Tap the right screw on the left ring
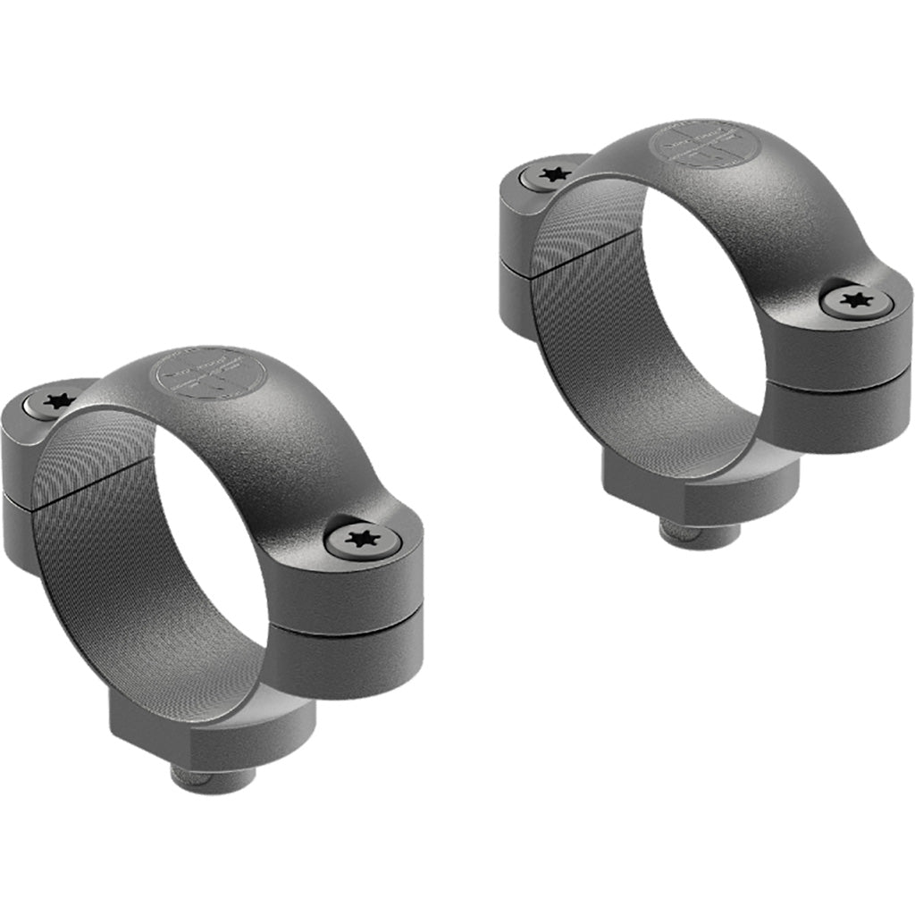tap(364, 539)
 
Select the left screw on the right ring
tap(554, 173)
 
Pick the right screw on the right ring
tap(856, 299)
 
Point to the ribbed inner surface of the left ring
tap(98, 554)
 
